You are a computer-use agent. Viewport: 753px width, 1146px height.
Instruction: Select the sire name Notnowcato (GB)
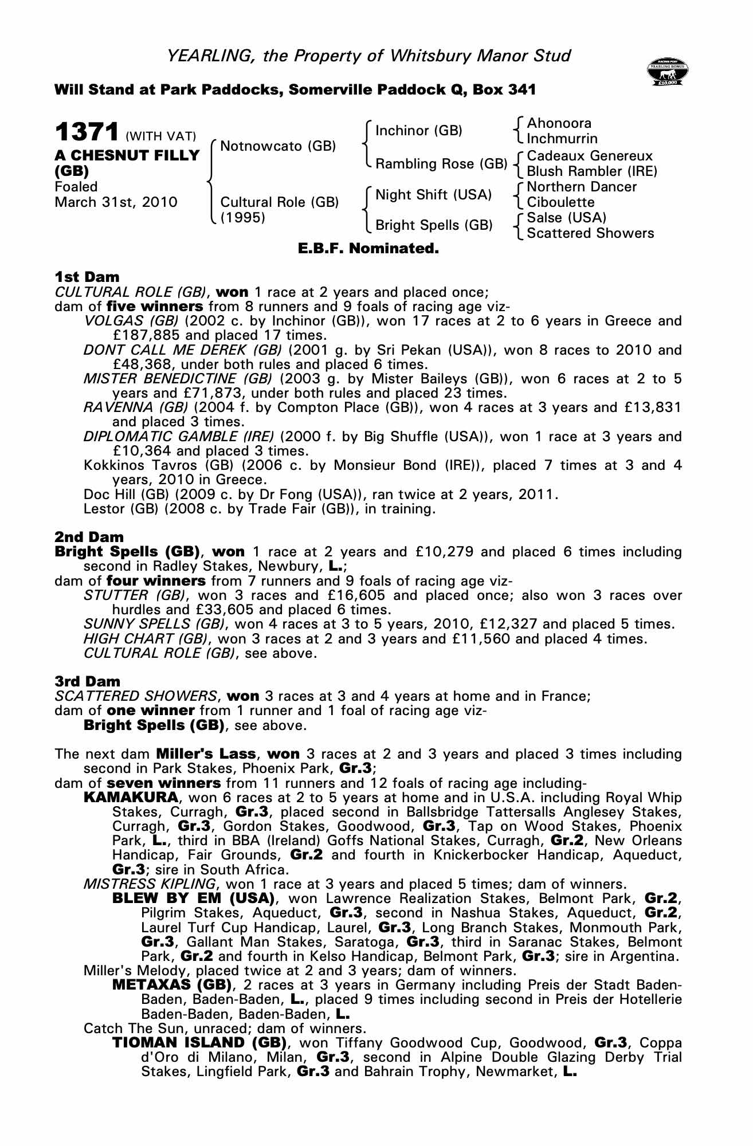pyautogui.click(x=278, y=146)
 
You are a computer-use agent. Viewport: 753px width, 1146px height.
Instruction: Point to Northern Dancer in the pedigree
pyautogui.click(x=582, y=187)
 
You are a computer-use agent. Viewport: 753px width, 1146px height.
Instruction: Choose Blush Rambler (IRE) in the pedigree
pyautogui.click(x=591, y=171)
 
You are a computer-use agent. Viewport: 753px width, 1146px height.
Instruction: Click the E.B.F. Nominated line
pyautogui.click(x=368, y=249)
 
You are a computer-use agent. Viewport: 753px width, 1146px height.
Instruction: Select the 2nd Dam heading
pyautogui.click(x=89, y=537)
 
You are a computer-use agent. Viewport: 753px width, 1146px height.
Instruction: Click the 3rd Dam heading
pyautogui.click(x=88, y=681)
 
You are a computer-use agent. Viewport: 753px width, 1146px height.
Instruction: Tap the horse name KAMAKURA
pyautogui.click(x=131, y=797)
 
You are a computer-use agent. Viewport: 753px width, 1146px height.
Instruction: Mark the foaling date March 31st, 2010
pyautogui.click(x=116, y=202)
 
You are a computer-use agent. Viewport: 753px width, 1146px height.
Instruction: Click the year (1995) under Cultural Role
pyautogui.click(x=243, y=218)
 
